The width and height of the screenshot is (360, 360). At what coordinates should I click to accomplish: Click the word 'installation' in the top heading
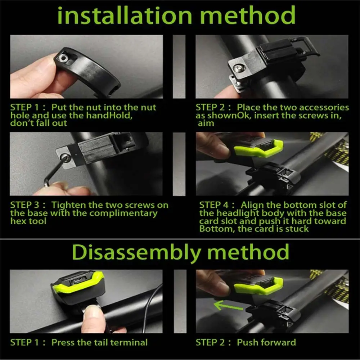tap(125, 15)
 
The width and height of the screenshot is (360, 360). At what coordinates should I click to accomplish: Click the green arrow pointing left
tap(228, 306)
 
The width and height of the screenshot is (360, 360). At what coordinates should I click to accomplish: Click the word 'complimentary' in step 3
tap(123, 213)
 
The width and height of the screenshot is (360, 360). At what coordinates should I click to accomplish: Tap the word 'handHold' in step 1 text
tap(109, 115)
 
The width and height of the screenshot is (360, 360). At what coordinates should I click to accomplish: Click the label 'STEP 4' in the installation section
tap(214, 205)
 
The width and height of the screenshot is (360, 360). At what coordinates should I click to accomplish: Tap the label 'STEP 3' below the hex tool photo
tap(24, 205)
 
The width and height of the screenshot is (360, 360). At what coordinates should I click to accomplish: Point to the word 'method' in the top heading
tap(248, 15)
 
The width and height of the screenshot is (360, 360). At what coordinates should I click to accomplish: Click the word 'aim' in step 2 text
tap(206, 123)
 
